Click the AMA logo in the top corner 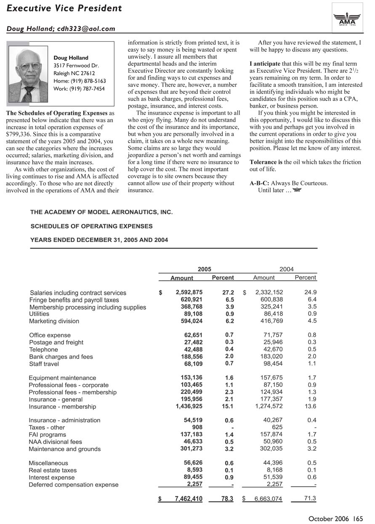pos(347,17)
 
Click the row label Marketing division pos(54,321)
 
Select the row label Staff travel pos(44,364)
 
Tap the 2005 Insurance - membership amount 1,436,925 pos(186,406)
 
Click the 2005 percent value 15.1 pos(227,406)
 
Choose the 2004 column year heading pos(286,269)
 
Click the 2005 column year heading pos(205,269)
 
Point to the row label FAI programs pos(47,434)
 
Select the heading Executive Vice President pos(64,8)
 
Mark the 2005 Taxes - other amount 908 pos(197,427)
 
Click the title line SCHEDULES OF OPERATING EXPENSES pos(91,226)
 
